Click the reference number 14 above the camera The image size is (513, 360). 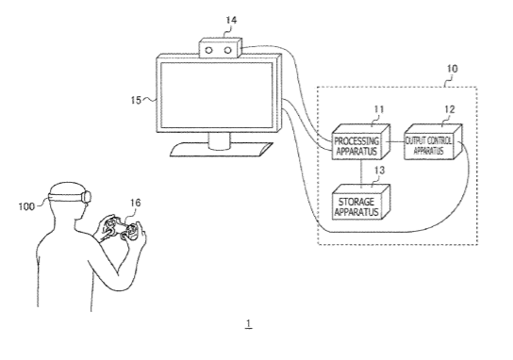231,21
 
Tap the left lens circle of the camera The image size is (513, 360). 209,50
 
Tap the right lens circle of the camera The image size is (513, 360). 227,50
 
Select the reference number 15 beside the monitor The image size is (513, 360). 136,100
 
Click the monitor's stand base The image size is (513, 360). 222,150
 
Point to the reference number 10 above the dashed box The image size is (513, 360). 452,69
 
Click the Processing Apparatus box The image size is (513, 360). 360,142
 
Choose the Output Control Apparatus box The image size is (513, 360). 433,142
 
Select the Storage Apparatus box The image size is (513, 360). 360,203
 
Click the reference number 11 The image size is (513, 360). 378,109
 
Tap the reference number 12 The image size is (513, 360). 450,109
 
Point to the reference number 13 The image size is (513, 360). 379,171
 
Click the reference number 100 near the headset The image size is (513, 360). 26,206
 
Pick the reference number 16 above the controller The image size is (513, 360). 136,203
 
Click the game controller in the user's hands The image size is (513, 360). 120,229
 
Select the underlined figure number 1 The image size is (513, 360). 249,323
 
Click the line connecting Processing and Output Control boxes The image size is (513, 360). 395,142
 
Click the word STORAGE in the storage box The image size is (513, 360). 356,202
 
